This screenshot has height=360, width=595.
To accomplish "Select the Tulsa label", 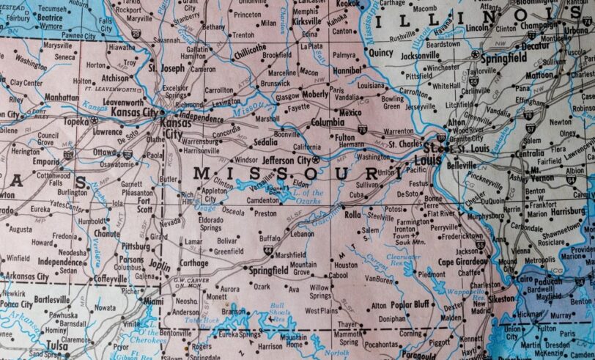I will pos(56,345).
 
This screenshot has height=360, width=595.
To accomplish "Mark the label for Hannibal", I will pos(347,70).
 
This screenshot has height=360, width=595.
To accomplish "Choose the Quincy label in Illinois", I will pos(381,53).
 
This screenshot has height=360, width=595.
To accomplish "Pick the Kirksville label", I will pos(306,23).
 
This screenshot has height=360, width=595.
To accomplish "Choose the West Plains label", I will pos(321,311).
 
